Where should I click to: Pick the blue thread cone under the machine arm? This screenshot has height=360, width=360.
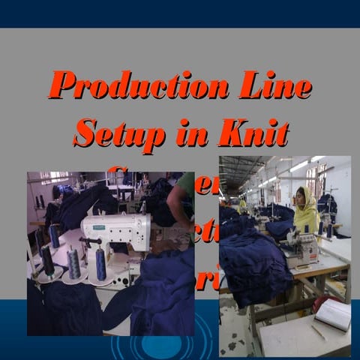100,264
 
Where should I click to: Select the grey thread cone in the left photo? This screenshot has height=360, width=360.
73,262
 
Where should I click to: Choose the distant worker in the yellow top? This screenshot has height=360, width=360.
242,205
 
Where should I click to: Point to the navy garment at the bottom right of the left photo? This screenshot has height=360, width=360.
161,300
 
